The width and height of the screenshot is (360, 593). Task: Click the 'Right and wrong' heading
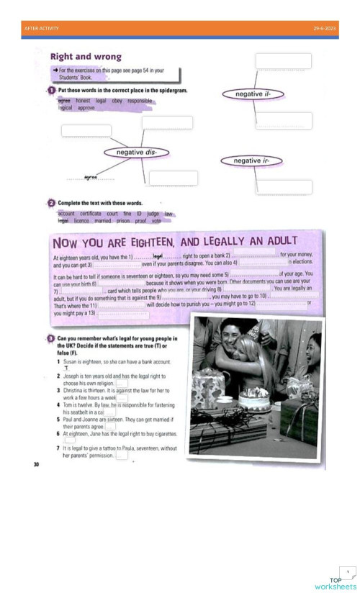pos(86,57)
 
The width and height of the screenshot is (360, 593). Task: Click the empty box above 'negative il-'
pos(283,61)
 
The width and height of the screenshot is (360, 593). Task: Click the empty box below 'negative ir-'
pos(284,187)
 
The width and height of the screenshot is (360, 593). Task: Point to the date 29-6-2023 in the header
pos(324,28)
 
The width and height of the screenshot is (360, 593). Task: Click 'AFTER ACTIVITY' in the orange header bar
pos(42,28)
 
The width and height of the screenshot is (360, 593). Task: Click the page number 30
pos(36,465)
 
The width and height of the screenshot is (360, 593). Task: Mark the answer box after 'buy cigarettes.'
pos(70,440)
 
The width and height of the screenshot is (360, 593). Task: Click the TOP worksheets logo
pos(336,581)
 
